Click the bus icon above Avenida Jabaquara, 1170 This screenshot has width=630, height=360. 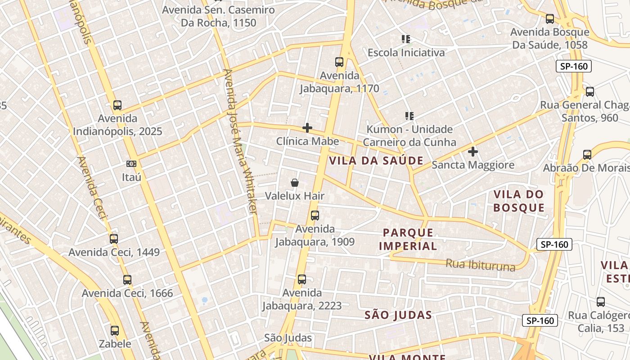(339, 62)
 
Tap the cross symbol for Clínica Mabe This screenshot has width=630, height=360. (307, 128)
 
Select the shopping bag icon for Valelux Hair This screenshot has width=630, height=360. (295, 182)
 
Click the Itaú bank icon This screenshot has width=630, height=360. (131, 163)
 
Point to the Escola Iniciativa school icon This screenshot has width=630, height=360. (406, 39)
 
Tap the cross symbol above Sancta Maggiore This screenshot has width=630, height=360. (472, 152)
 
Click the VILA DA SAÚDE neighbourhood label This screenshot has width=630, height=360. (376, 161)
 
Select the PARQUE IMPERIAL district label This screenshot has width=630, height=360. (408, 239)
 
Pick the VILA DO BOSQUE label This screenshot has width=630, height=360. (519, 201)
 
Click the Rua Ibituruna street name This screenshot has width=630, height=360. (480, 265)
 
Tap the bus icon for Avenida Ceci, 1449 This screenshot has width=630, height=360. (114, 239)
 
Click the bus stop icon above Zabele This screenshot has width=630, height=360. (115, 331)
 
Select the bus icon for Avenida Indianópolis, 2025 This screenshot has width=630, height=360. (117, 105)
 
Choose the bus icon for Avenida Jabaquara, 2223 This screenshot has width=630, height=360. (302, 279)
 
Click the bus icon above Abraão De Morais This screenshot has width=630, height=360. (587, 155)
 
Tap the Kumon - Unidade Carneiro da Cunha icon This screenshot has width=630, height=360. (409, 116)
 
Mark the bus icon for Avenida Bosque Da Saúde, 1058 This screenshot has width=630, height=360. (550, 19)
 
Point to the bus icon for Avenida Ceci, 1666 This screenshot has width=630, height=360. (127, 280)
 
